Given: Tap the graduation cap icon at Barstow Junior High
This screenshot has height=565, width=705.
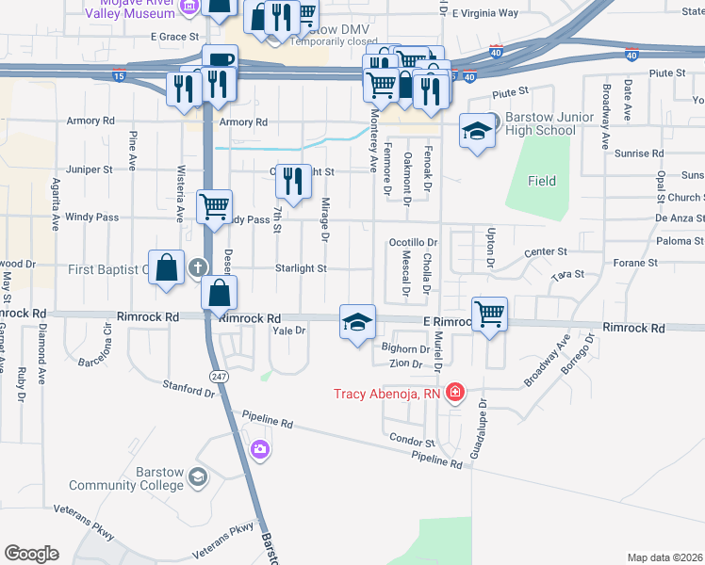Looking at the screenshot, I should [478, 131].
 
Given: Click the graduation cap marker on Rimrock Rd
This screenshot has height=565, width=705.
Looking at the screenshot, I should [357, 323].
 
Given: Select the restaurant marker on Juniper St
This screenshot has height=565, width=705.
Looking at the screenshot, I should [293, 182].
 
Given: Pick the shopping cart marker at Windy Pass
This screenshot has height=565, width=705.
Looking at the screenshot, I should [215, 206].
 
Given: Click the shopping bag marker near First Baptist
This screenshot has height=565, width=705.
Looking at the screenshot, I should [167, 266].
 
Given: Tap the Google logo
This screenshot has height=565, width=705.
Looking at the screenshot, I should [32, 554].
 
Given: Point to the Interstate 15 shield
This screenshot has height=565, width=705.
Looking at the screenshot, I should [118, 74].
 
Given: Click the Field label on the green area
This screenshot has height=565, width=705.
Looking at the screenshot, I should [542, 181].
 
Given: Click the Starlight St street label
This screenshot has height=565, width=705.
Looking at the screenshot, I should [300, 268].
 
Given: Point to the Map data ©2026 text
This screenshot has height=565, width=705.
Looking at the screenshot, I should [664, 557].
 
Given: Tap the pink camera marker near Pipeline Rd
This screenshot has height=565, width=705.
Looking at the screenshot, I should [260, 451].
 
